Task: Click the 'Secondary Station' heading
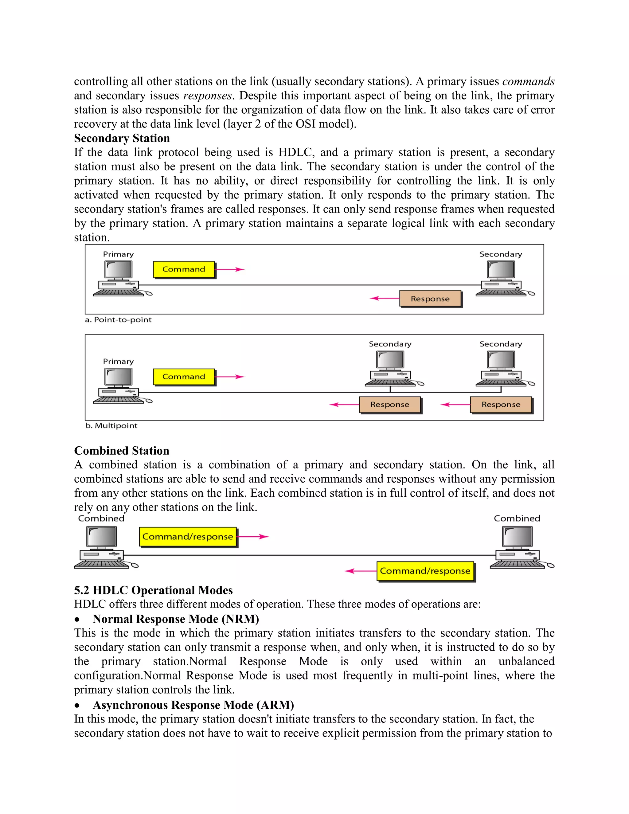(x=122, y=138)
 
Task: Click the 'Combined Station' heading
(x=122, y=451)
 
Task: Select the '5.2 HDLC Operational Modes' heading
(x=153, y=590)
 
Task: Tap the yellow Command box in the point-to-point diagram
(x=184, y=269)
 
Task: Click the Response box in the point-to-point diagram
(x=430, y=299)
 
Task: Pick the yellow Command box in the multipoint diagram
(x=184, y=377)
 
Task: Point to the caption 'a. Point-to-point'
(x=118, y=320)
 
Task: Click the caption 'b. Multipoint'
(x=111, y=426)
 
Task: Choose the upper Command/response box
(x=188, y=537)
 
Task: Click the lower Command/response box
(x=425, y=571)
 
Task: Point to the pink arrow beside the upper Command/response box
(x=253, y=537)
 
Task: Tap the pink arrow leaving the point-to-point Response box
(x=385, y=298)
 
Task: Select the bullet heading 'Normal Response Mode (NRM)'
(x=175, y=619)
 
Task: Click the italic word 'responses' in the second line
(x=208, y=96)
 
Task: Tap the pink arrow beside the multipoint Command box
(x=229, y=377)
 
